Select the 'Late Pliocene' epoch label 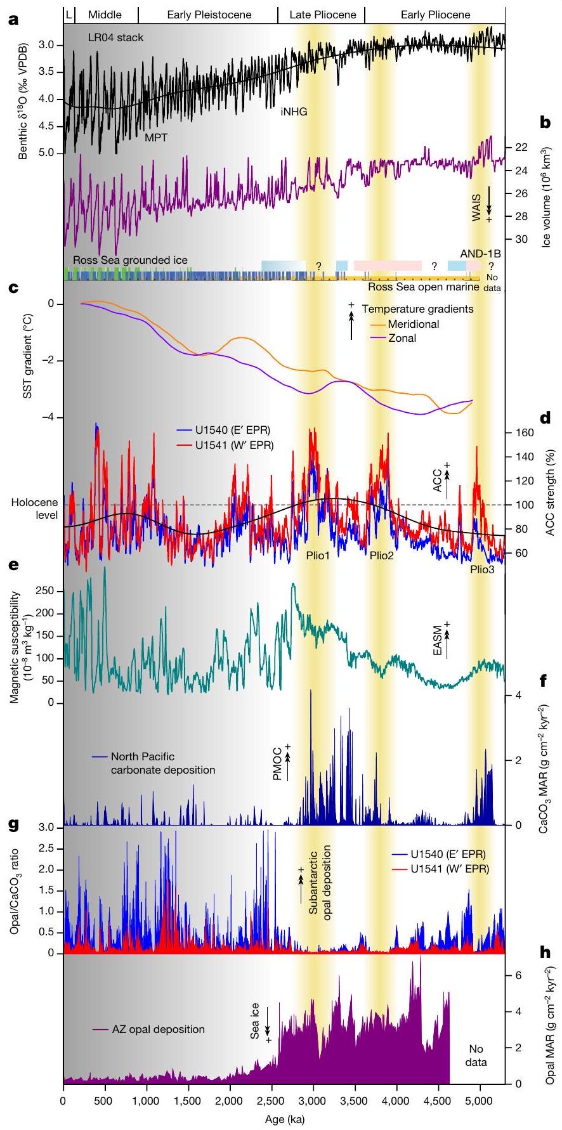click(x=322, y=15)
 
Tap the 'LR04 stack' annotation click(x=115, y=37)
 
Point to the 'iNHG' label click(x=294, y=112)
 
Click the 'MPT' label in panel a click(x=156, y=137)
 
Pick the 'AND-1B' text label click(x=480, y=254)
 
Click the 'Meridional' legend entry click(x=414, y=324)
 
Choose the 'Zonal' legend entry click(x=402, y=338)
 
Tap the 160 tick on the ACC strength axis click(x=520, y=433)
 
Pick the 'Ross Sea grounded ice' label click(x=130, y=260)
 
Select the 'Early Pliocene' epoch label click(x=436, y=15)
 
